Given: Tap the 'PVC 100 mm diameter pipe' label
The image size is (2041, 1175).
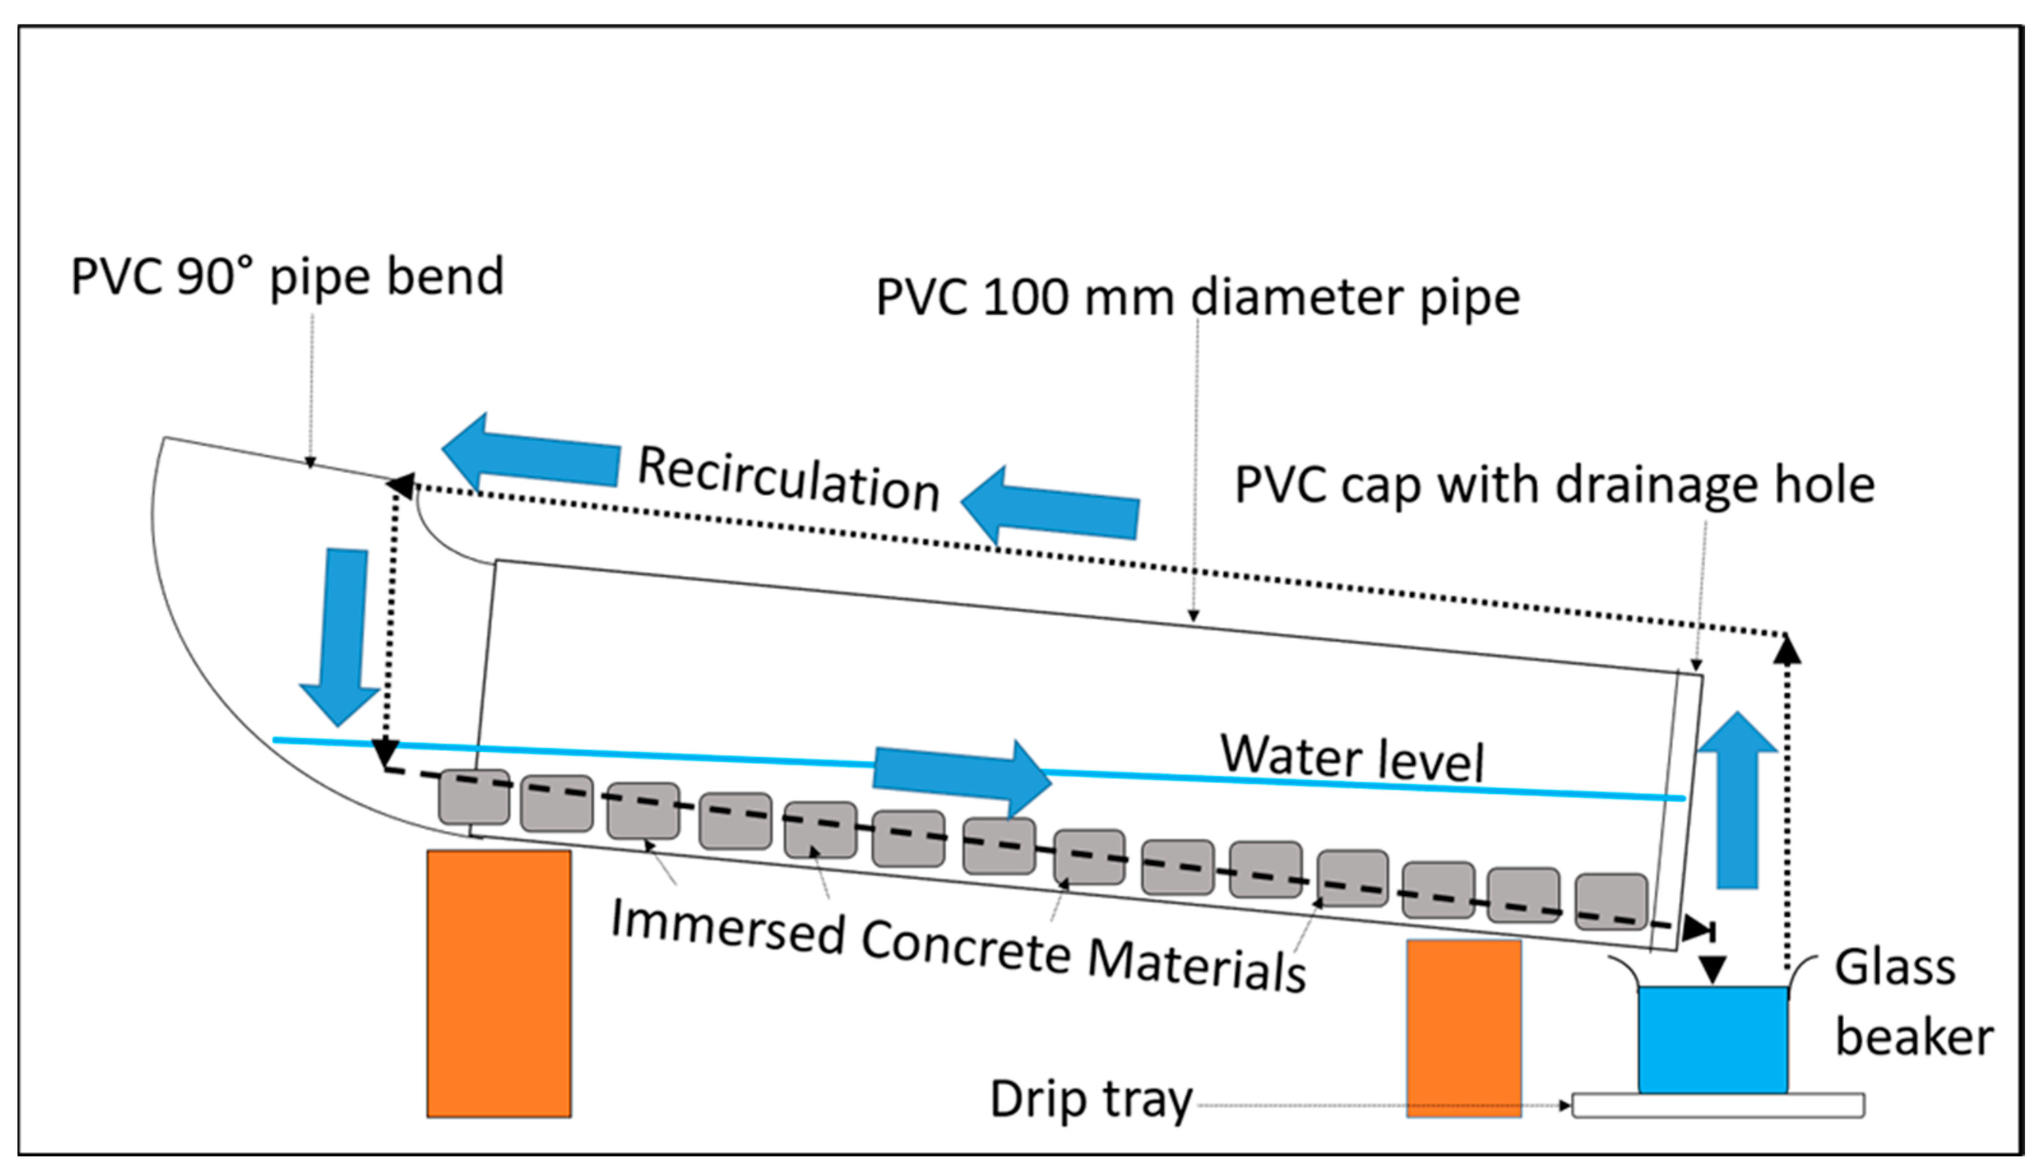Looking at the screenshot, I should [x=1197, y=298].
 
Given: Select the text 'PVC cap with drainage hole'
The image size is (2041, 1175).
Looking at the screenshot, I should [x=1554, y=486].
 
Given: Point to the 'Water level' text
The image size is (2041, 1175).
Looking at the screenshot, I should [x=1352, y=757].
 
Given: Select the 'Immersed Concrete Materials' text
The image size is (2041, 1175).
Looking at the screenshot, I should [x=958, y=946].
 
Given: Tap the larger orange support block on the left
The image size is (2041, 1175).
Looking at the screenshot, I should [x=499, y=984].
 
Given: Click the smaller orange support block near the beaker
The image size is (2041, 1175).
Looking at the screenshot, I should [x=1464, y=1028].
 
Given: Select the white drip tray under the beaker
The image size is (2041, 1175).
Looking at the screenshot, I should [x=1718, y=1105].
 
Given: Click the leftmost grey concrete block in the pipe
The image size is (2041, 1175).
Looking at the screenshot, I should [x=474, y=797].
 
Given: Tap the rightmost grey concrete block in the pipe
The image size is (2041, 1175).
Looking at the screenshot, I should [x=1611, y=902].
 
